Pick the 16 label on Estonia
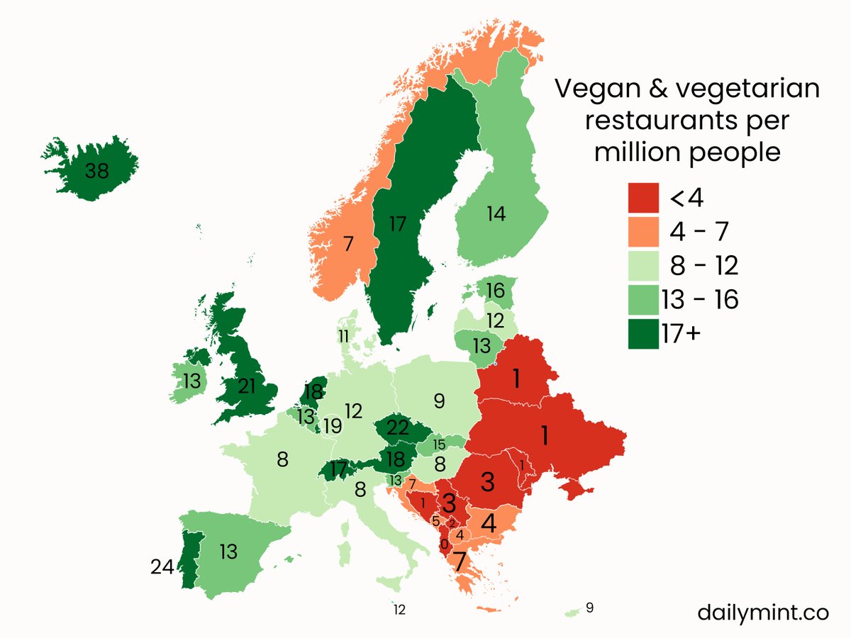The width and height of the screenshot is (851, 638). [x=496, y=291]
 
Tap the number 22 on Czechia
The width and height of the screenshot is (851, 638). [x=399, y=428]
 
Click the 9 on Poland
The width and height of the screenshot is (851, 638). [x=439, y=402]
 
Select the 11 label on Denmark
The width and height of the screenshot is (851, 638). [x=343, y=336]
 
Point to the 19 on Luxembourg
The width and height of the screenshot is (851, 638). [x=332, y=427]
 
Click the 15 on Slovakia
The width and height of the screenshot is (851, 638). [x=439, y=444]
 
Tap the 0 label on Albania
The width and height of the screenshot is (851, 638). [x=444, y=544]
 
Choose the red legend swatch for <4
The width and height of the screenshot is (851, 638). [x=644, y=198]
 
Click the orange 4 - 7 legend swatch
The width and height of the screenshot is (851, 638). [x=644, y=232]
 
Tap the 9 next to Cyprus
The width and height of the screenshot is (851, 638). [x=589, y=608]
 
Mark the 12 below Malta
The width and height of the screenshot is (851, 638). [x=399, y=609]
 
